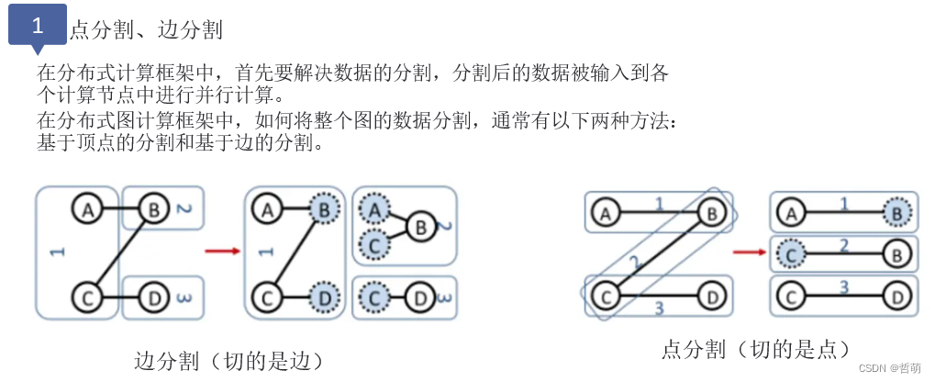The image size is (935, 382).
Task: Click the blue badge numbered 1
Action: click(37, 26)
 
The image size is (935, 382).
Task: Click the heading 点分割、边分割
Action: click(146, 30)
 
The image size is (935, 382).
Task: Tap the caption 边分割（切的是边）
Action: click(228, 358)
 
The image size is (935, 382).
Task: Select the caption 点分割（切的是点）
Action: click(755, 349)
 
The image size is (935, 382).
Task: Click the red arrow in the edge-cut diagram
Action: click(221, 249)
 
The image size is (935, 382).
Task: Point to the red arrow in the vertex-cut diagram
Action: click(750, 251)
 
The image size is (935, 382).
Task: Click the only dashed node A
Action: click(373, 210)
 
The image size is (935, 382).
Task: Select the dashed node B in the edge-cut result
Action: click(323, 210)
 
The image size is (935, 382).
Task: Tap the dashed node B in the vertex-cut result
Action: click(897, 214)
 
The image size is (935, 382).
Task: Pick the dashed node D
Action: click(323, 298)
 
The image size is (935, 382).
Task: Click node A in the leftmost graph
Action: click(88, 210)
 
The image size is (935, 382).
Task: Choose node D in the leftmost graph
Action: click(153, 298)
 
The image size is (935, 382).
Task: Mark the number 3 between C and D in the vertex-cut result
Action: click(843, 288)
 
